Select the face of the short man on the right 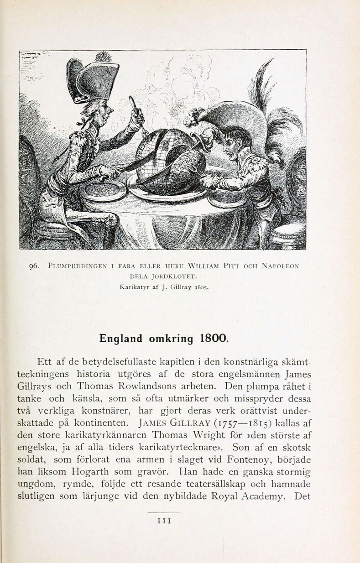tap(233, 144)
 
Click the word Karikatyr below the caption tap(135, 288)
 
